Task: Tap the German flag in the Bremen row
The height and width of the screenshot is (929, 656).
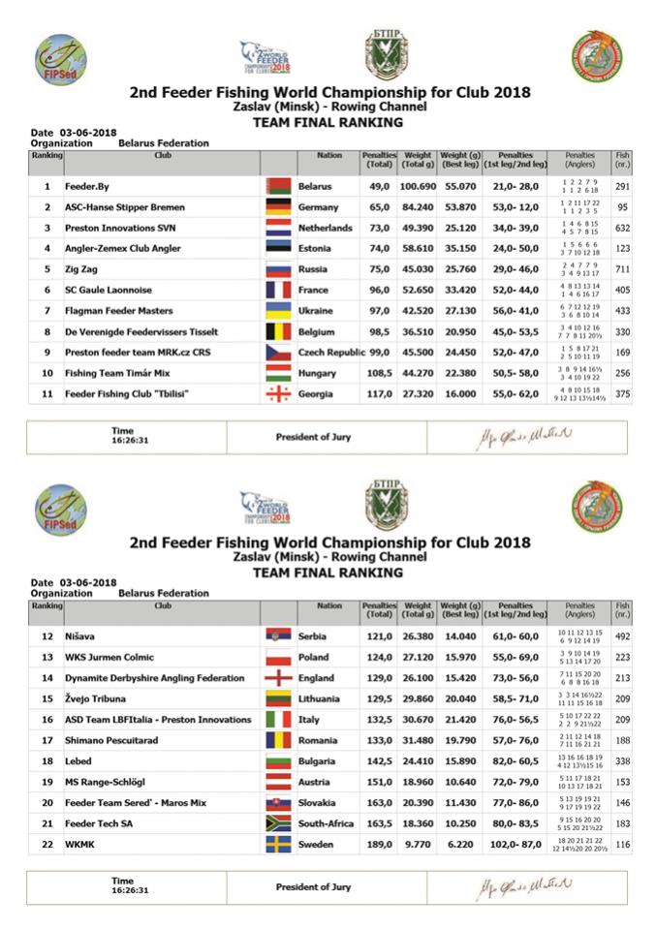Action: click(x=277, y=207)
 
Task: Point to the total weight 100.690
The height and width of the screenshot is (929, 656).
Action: click(x=417, y=186)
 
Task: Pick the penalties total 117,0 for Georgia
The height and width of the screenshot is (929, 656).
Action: click(x=377, y=394)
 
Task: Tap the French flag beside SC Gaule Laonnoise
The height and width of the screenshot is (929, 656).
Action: click(x=277, y=291)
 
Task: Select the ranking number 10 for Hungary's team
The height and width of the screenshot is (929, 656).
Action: click(x=47, y=373)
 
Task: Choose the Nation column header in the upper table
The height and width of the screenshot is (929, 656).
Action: click(x=329, y=155)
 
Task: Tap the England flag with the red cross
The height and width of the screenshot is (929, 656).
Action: click(x=278, y=677)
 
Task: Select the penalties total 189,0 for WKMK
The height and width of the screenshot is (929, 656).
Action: click(x=377, y=844)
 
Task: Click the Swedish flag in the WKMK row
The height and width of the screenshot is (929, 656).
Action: click(x=278, y=844)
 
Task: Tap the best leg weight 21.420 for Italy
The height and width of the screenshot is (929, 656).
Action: click(x=459, y=719)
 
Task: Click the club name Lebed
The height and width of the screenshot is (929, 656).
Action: click(x=79, y=760)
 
